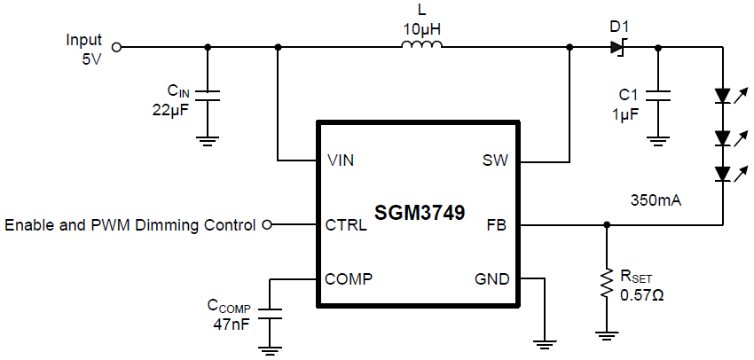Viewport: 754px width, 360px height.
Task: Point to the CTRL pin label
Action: (347, 225)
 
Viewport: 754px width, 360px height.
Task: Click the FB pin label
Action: (498, 225)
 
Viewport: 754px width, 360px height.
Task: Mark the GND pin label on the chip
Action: (492, 279)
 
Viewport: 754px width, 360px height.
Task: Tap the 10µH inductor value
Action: (421, 28)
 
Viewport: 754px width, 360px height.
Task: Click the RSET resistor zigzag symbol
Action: (607, 282)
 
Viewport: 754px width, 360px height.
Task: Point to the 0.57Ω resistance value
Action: (642, 294)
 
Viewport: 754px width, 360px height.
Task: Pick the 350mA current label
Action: (656, 201)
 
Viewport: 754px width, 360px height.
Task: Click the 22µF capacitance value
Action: (169, 111)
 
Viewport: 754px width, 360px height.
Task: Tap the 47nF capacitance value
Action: (229, 325)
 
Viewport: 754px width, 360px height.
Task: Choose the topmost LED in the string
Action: (722, 94)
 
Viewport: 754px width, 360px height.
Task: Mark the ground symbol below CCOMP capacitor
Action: (270, 350)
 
